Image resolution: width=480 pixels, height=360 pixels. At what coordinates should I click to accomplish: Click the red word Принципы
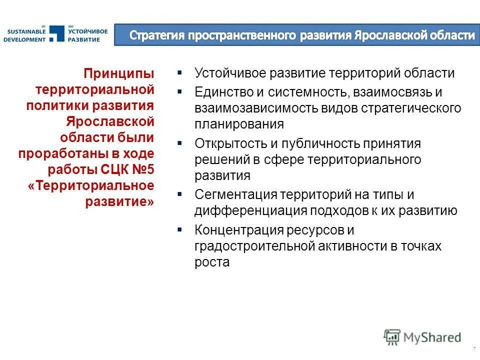(x=119, y=74)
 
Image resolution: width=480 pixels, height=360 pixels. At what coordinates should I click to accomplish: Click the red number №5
(x=144, y=169)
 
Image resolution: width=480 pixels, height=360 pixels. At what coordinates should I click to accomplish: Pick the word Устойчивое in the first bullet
(x=229, y=73)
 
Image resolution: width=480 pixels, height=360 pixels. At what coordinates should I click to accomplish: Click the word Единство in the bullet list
(x=221, y=92)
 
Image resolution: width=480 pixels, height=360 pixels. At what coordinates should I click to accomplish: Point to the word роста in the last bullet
(x=212, y=262)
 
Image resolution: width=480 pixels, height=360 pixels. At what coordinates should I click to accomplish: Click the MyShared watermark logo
(x=422, y=337)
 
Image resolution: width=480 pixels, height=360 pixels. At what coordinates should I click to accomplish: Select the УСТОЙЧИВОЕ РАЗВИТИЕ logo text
(x=88, y=35)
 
